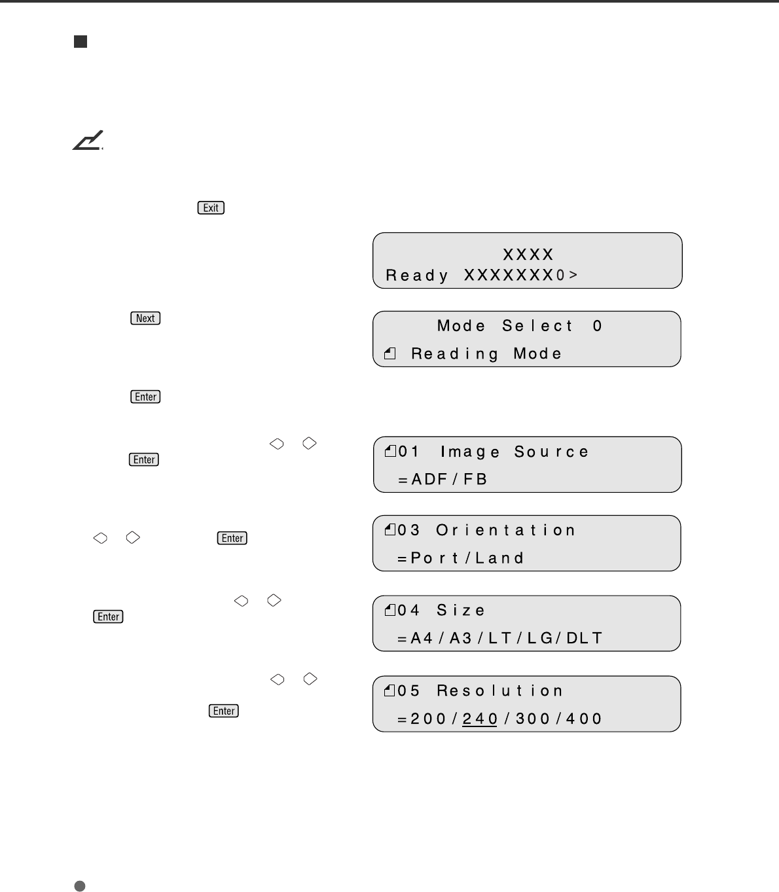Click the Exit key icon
(x=211, y=208)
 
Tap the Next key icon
(x=145, y=319)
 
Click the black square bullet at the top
(x=81, y=43)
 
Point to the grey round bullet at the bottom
(x=80, y=886)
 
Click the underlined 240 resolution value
(x=480, y=719)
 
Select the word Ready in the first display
(x=417, y=276)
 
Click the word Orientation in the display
(x=505, y=530)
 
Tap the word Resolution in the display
(x=500, y=691)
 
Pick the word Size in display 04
(x=461, y=611)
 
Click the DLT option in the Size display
(x=584, y=638)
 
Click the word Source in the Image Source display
(x=551, y=452)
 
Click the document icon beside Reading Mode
(x=390, y=355)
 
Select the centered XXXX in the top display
(x=528, y=255)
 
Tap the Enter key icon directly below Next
(x=145, y=397)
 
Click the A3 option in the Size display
(x=461, y=638)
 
